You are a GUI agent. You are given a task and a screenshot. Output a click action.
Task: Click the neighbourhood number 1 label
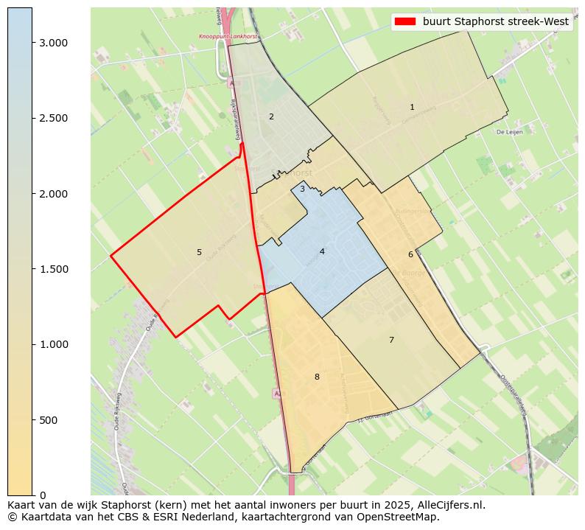(412, 108)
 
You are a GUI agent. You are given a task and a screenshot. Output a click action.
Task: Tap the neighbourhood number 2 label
(271, 116)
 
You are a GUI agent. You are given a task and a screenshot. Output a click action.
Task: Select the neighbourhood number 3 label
(302, 189)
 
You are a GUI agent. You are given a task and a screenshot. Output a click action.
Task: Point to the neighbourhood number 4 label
(322, 251)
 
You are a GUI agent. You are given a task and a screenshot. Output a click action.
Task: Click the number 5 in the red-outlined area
(199, 253)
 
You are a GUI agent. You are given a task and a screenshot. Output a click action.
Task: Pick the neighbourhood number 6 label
(410, 255)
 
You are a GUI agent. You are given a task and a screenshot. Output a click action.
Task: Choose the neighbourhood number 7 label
(391, 340)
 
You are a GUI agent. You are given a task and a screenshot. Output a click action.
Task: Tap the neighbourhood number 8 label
(317, 377)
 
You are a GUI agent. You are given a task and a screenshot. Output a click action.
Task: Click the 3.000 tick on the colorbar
(53, 43)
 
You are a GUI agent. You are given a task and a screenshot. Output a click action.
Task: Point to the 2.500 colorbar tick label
(53, 118)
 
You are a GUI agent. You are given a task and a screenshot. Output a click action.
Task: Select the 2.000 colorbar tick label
(53, 194)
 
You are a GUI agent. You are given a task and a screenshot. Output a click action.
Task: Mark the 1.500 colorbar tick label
(53, 269)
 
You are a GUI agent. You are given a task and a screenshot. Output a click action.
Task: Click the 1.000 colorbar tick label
(53, 344)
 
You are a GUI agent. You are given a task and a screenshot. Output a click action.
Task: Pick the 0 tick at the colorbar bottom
(43, 495)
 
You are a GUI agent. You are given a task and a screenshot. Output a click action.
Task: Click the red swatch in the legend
(405, 21)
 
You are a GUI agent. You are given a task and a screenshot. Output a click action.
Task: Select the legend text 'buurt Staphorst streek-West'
(495, 21)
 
